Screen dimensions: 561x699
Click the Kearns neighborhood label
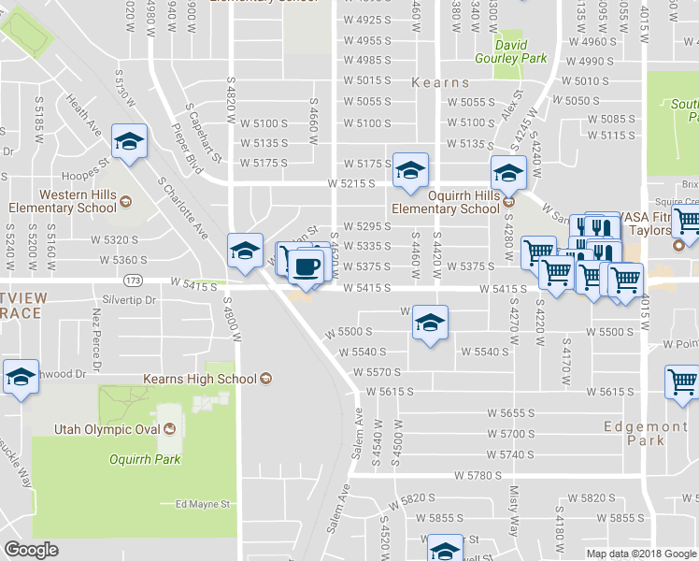click(439, 82)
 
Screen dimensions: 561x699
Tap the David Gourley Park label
click(511, 51)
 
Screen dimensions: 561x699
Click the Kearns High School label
click(199, 379)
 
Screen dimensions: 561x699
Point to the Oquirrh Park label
click(144, 459)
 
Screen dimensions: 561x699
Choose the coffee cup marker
click(305, 268)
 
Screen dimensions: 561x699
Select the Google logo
click(31, 550)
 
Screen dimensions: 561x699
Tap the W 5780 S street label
click(478, 476)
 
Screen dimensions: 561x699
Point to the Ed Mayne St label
click(203, 504)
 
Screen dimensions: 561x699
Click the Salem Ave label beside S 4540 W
click(357, 430)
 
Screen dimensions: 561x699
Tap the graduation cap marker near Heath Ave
click(129, 141)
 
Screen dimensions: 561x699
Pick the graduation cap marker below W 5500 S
click(429, 324)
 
